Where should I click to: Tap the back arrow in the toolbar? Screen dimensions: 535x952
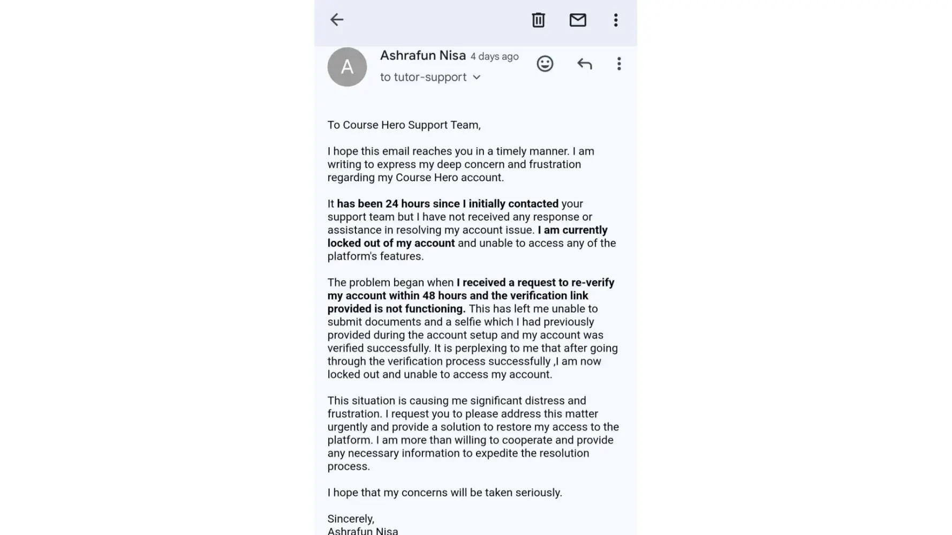click(337, 20)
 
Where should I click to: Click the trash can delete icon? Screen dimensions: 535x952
click(538, 20)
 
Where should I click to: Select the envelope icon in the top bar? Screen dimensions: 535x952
click(578, 20)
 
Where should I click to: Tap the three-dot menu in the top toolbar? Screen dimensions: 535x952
click(616, 20)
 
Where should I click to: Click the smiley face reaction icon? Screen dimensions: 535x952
click(545, 64)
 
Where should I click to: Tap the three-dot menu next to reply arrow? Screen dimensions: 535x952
click(619, 64)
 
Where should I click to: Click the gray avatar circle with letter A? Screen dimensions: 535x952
click(347, 67)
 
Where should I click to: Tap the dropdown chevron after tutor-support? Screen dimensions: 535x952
click(477, 78)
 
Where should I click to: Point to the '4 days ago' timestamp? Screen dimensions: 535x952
click(494, 56)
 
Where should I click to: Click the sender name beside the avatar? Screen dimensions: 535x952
click(422, 55)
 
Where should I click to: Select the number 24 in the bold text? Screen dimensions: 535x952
click(392, 204)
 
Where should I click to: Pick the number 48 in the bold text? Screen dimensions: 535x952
click(428, 296)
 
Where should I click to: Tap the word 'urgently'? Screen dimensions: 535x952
click(347, 427)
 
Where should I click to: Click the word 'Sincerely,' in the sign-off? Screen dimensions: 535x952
click(351, 518)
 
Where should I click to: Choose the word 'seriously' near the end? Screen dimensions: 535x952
click(538, 492)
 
